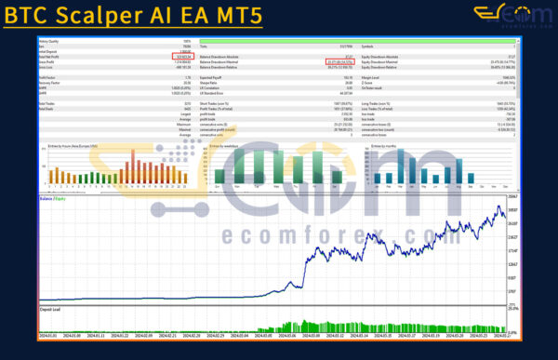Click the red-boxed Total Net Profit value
coord(182,57)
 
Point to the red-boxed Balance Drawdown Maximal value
coord(331,62)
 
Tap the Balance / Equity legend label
coord(52,199)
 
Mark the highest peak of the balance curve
coord(500,207)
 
